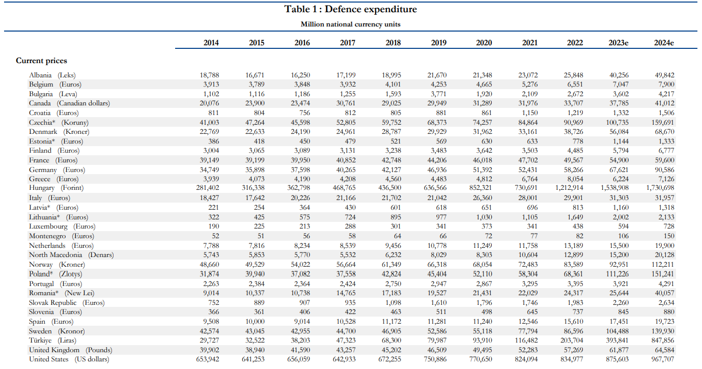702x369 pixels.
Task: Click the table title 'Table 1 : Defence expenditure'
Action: pyautogui.click(x=350, y=9)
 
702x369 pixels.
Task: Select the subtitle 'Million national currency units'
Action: pyautogui.click(x=350, y=24)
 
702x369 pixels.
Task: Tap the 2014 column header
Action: pyautogui.click(x=211, y=43)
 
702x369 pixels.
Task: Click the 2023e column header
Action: pyautogui.click(x=619, y=43)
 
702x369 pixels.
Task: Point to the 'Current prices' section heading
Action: pyautogui.click(x=41, y=61)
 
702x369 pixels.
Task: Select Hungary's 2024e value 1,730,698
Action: pyautogui.click(x=660, y=188)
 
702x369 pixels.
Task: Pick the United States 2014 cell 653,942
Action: pyautogui.click(x=208, y=359)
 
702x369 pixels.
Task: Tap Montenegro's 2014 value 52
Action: pyautogui.click(x=215, y=236)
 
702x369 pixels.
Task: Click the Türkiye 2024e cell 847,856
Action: pyautogui.click(x=662, y=340)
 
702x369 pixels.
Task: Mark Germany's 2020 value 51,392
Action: pyautogui.click(x=482, y=170)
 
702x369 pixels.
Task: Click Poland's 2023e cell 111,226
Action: pyautogui.click(x=617, y=274)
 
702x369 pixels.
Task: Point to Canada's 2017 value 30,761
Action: pyautogui.click(x=346, y=103)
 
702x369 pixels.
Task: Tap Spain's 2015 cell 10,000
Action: pyautogui.click(x=255, y=321)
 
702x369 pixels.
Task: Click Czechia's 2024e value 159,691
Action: pyautogui.click(x=662, y=123)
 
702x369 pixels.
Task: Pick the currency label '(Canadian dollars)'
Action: pyautogui.click(x=83, y=103)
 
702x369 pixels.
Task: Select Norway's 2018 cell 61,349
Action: pyautogui.click(x=391, y=264)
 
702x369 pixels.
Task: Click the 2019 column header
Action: pyautogui.click(x=438, y=43)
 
